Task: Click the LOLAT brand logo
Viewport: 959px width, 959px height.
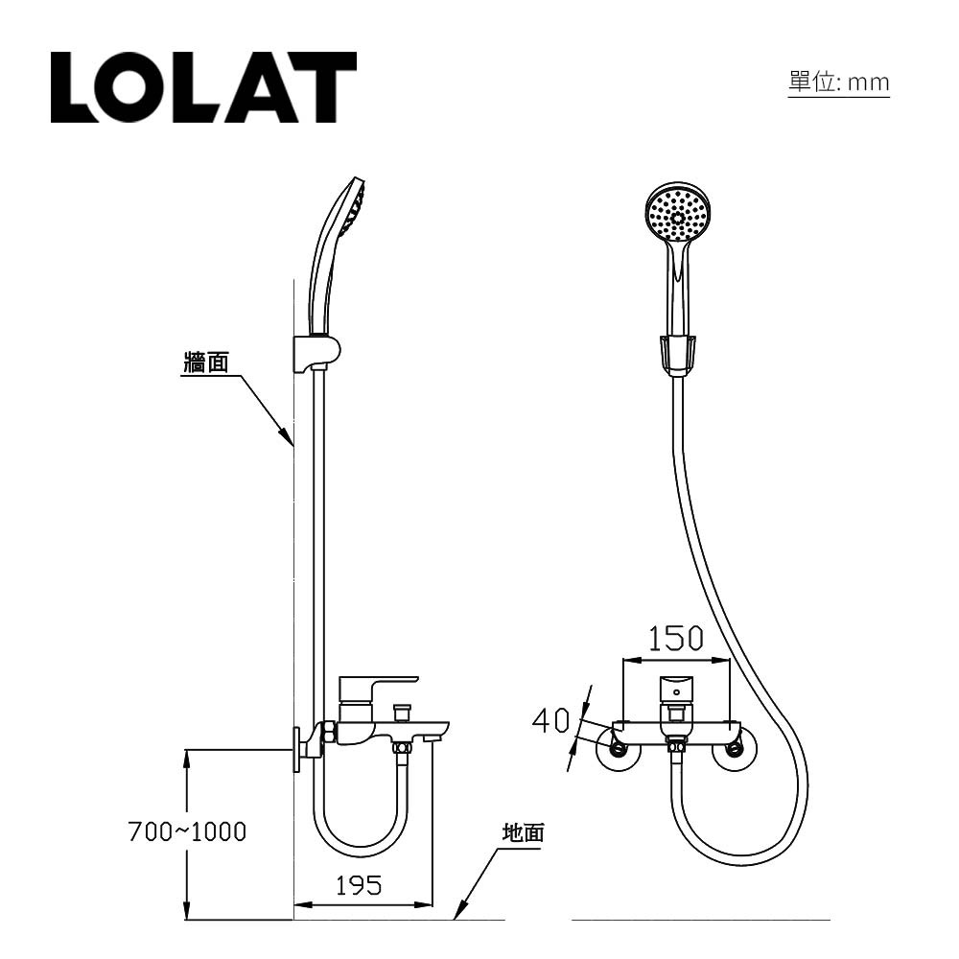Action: (x=203, y=87)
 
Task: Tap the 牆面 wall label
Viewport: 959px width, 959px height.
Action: (x=205, y=363)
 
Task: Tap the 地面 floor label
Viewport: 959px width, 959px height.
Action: (x=524, y=832)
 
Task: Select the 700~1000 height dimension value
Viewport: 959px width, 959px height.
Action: (x=187, y=831)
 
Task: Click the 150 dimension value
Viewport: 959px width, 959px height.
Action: (x=675, y=639)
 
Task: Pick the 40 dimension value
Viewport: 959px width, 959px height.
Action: (x=551, y=719)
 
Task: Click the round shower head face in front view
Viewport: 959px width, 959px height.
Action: (x=679, y=213)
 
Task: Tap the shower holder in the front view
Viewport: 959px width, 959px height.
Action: (x=678, y=353)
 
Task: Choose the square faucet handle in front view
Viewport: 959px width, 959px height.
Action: (x=676, y=689)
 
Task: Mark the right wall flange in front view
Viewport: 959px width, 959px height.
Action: (x=736, y=751)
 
